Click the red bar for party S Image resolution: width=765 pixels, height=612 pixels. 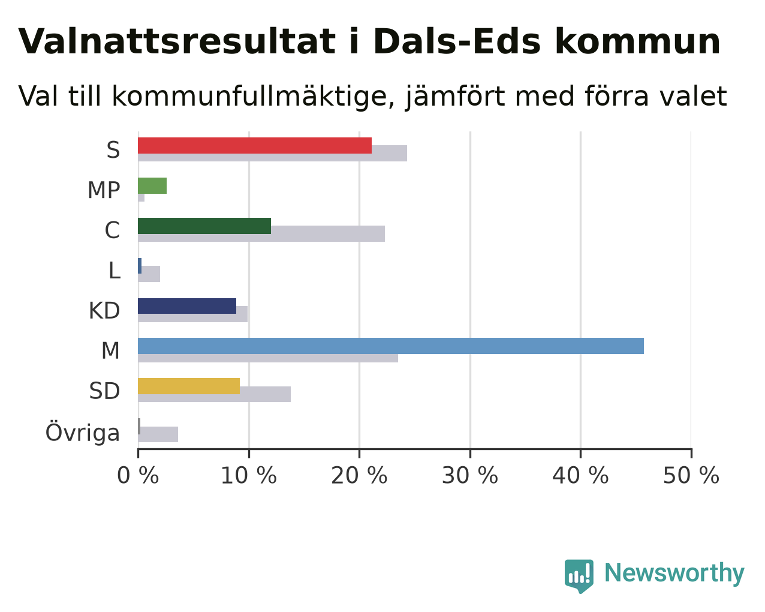point(255,146)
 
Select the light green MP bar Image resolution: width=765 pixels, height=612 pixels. point(152,186)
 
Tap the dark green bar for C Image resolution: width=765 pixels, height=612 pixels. point(204,226)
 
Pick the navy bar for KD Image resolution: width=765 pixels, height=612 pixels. point(187,306)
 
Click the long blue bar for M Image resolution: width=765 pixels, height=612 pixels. point(391,346)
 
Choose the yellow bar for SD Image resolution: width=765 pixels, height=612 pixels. point(189,386)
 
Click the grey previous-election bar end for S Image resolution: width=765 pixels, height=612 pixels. point(406,154)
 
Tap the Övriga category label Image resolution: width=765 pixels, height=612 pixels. point(83,433)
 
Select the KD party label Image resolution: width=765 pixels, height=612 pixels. point(104,311)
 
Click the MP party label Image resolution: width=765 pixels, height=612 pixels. point(104,190)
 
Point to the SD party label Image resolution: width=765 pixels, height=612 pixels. point(104,391)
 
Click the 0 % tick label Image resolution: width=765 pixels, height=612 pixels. point(138,476)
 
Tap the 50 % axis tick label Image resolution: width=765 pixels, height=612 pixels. point(691,476)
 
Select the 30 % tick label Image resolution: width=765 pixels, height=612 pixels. point(470,476)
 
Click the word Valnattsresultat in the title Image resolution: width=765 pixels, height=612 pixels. point(177,42)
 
